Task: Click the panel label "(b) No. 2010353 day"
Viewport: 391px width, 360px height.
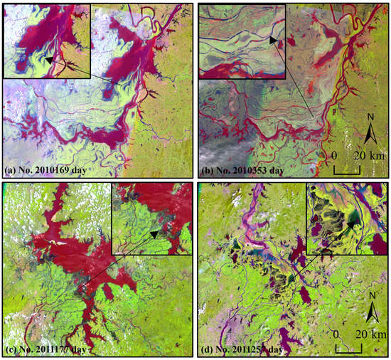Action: (245, 171)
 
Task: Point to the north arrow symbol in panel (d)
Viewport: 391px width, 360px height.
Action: (370, 314)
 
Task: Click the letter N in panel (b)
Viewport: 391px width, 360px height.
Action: (370, 117)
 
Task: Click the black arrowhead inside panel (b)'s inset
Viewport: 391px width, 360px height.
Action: (274, 42)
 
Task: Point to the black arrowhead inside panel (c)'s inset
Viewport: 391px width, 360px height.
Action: (154, 235)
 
